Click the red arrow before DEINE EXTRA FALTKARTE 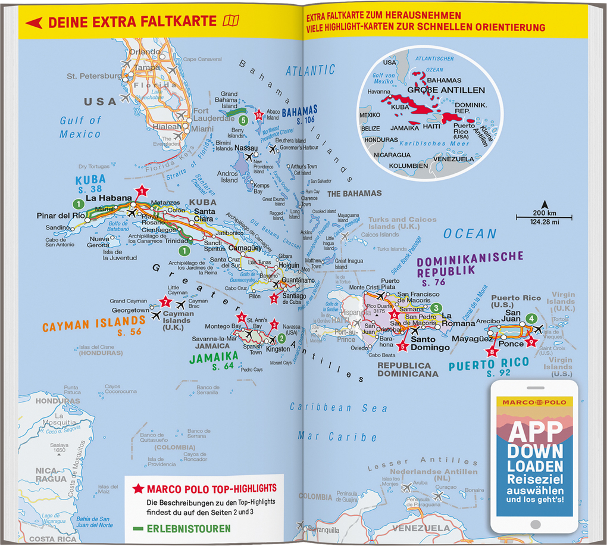point(33,23)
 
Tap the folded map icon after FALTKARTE point(230,21)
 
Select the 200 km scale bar point(543,217)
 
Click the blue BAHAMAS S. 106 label point(299,114)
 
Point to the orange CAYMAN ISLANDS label point(92,326)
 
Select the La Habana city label point(108,198)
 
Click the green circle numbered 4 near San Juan point(531,319)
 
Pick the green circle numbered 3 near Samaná point(436,308)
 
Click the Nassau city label point(246,147)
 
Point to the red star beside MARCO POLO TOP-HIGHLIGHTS point(138,489)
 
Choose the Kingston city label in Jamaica point(278,349)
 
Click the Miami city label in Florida point(203,129)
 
